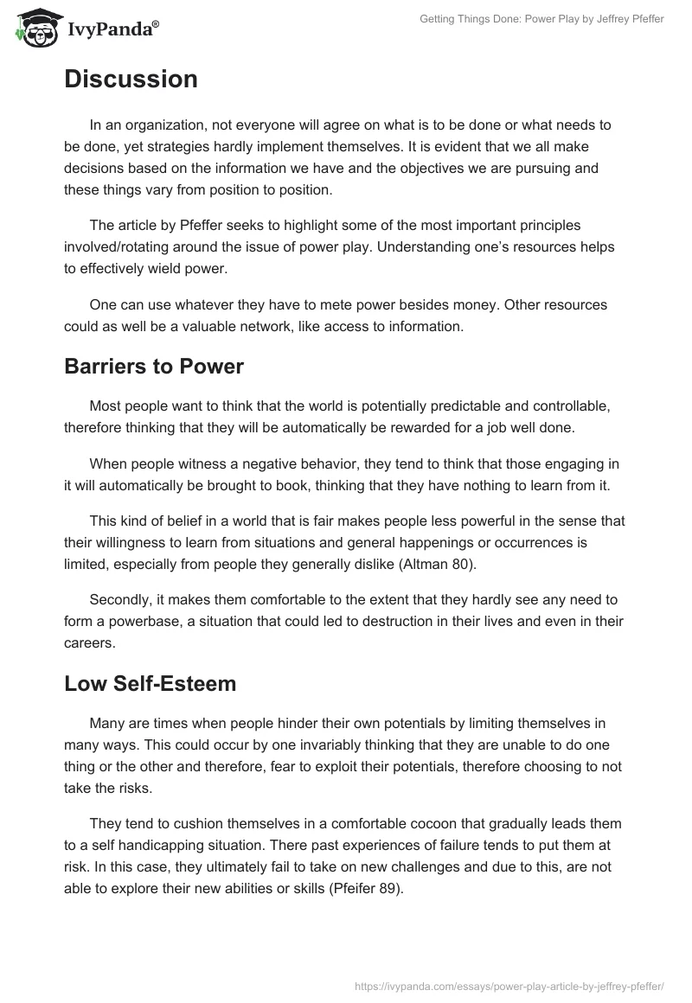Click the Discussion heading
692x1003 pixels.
coord(131,80)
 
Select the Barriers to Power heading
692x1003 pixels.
coord(154,366)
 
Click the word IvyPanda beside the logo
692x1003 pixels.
coord(112,29)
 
